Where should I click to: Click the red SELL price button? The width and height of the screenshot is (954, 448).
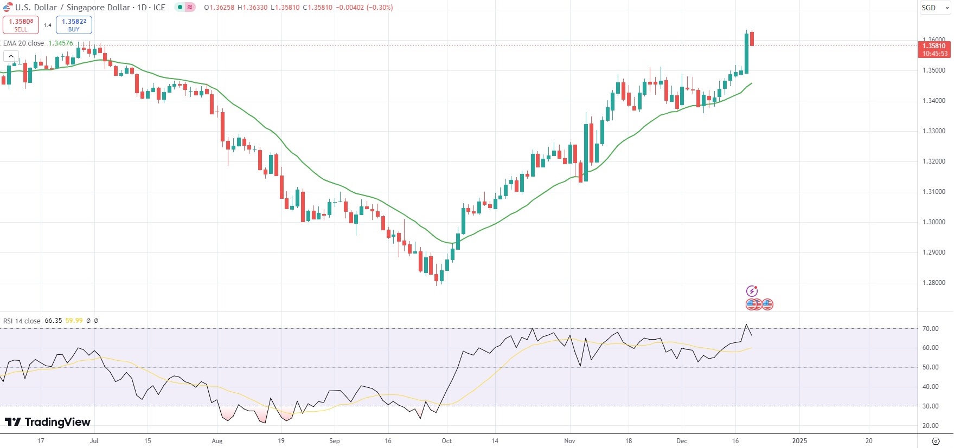(21, 25)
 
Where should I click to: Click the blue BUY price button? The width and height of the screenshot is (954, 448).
(74, 25)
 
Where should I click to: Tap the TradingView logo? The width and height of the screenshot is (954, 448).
(48, 422)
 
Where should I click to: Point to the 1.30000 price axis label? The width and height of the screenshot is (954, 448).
(933, 222)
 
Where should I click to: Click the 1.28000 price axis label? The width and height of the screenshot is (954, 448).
(933, 283)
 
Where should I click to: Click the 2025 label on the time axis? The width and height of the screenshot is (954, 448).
(799, 441)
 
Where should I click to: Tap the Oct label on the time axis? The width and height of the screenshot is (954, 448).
(446, 441)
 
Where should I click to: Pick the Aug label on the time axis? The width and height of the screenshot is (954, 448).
(217, 441)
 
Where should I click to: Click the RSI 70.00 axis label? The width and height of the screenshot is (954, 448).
(930, 329)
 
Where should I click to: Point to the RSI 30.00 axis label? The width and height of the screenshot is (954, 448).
(930, 406)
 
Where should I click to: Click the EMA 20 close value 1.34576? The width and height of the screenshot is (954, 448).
(61, 43)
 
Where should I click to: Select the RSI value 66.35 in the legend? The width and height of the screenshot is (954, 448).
(53, 321)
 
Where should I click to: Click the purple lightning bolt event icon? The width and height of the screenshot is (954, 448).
(752, 291)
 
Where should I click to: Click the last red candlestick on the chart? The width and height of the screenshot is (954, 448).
(752, 39)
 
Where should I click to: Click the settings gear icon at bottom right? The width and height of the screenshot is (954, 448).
(935, 441)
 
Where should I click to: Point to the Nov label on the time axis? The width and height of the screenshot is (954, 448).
(569, 441)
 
